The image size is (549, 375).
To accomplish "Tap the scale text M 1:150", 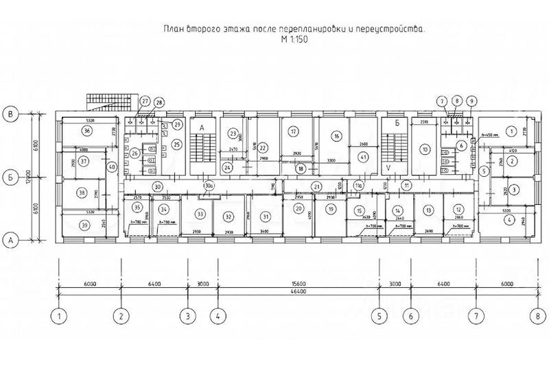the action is click(294, 40).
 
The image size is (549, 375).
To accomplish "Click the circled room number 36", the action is click(86, 130).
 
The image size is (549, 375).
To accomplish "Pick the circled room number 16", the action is click(336, 136).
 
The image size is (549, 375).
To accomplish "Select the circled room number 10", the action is click(425, 149).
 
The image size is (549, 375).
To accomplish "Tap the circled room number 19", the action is click(331, 209).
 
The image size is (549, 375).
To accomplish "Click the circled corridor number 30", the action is click(157, 186).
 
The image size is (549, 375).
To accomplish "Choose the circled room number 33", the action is click(200, 214).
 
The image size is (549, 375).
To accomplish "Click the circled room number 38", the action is click(82, 193).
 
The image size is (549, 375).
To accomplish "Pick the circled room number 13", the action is click(429, 210).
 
